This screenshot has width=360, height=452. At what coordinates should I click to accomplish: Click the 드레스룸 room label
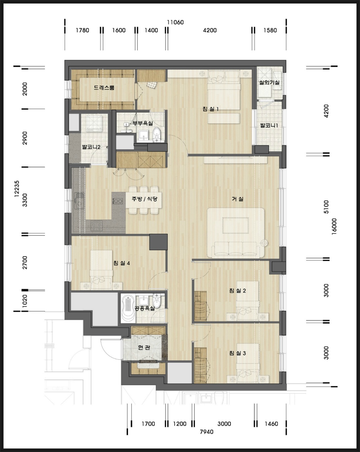click(x=104, y=87)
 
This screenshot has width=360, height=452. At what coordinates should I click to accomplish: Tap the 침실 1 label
click(x=211, y=109)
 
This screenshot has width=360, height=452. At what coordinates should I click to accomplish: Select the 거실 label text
click(x=238, y=199)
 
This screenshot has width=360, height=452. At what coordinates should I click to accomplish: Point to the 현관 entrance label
click(x=144, y=348)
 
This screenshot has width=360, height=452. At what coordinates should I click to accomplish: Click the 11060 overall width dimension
click(x=175, y=22)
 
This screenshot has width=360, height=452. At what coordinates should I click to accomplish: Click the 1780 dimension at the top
click(x=82, y=30)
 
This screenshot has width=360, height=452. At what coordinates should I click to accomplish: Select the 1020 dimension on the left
click(x=25, y=301)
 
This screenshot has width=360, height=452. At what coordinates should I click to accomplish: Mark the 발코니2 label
click(x=91, y=147)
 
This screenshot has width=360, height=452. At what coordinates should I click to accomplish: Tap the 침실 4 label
click(x=122, y=263)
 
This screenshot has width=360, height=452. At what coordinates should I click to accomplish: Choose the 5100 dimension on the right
click(x=326, y=207)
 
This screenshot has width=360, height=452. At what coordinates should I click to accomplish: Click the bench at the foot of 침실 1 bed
click(x=224, y=118)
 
